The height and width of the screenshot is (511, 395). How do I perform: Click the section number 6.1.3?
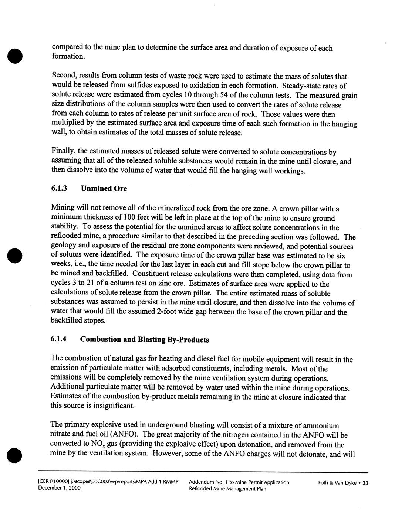pyautogui.click(x=59, y=188)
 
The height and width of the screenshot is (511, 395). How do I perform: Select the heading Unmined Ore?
pyautogui.click(x=104, y=188)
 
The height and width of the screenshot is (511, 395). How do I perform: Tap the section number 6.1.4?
pyautogui.click(x=59, y=339)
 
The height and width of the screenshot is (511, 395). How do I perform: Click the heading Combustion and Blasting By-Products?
pyautogui.click(x=144, y=340)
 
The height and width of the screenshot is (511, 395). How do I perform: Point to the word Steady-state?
pyautogui.click(x=301, y=86)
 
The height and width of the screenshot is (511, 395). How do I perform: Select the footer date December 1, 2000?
pyautogui.click(x=59, y=488)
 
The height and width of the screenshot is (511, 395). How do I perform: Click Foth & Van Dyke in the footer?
pyautogui.click(x=337, y=482)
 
